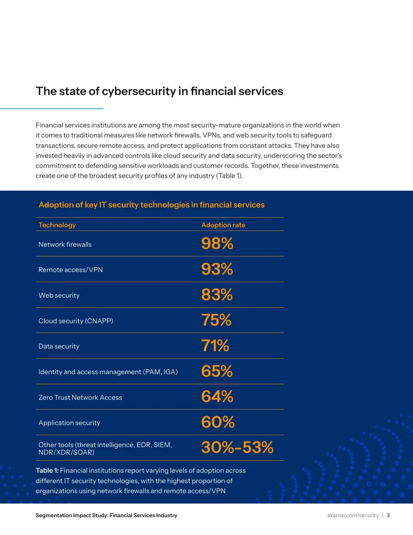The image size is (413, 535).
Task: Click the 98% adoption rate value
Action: pos(217,243)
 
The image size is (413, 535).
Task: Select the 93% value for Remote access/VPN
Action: pos(217,269)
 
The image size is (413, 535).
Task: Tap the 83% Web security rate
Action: pos(217,295)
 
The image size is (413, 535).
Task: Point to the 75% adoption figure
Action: pos(216,320)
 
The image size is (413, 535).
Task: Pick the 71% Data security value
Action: pos(215,346)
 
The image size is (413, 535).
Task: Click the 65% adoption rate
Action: pos(217,371)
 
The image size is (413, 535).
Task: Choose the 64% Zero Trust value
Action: pos(217,396)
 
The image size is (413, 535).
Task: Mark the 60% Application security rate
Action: pos(218,422)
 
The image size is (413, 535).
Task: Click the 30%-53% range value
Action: pos(237,447)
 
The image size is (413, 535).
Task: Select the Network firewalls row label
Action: pos(65,244)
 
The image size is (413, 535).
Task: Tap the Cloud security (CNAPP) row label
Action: pos(76,320)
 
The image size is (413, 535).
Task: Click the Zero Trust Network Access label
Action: pos(80,397)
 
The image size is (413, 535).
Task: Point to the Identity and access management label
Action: pos(108,372)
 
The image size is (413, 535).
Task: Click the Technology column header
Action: pos(57,225)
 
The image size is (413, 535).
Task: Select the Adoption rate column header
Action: pos(223,225)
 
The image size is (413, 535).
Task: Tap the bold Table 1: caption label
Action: pos(47,470)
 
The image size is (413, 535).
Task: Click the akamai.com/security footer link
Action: pos(353,515)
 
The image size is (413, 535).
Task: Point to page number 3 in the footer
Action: pos(388,515)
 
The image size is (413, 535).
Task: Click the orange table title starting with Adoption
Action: pos(152,205)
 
